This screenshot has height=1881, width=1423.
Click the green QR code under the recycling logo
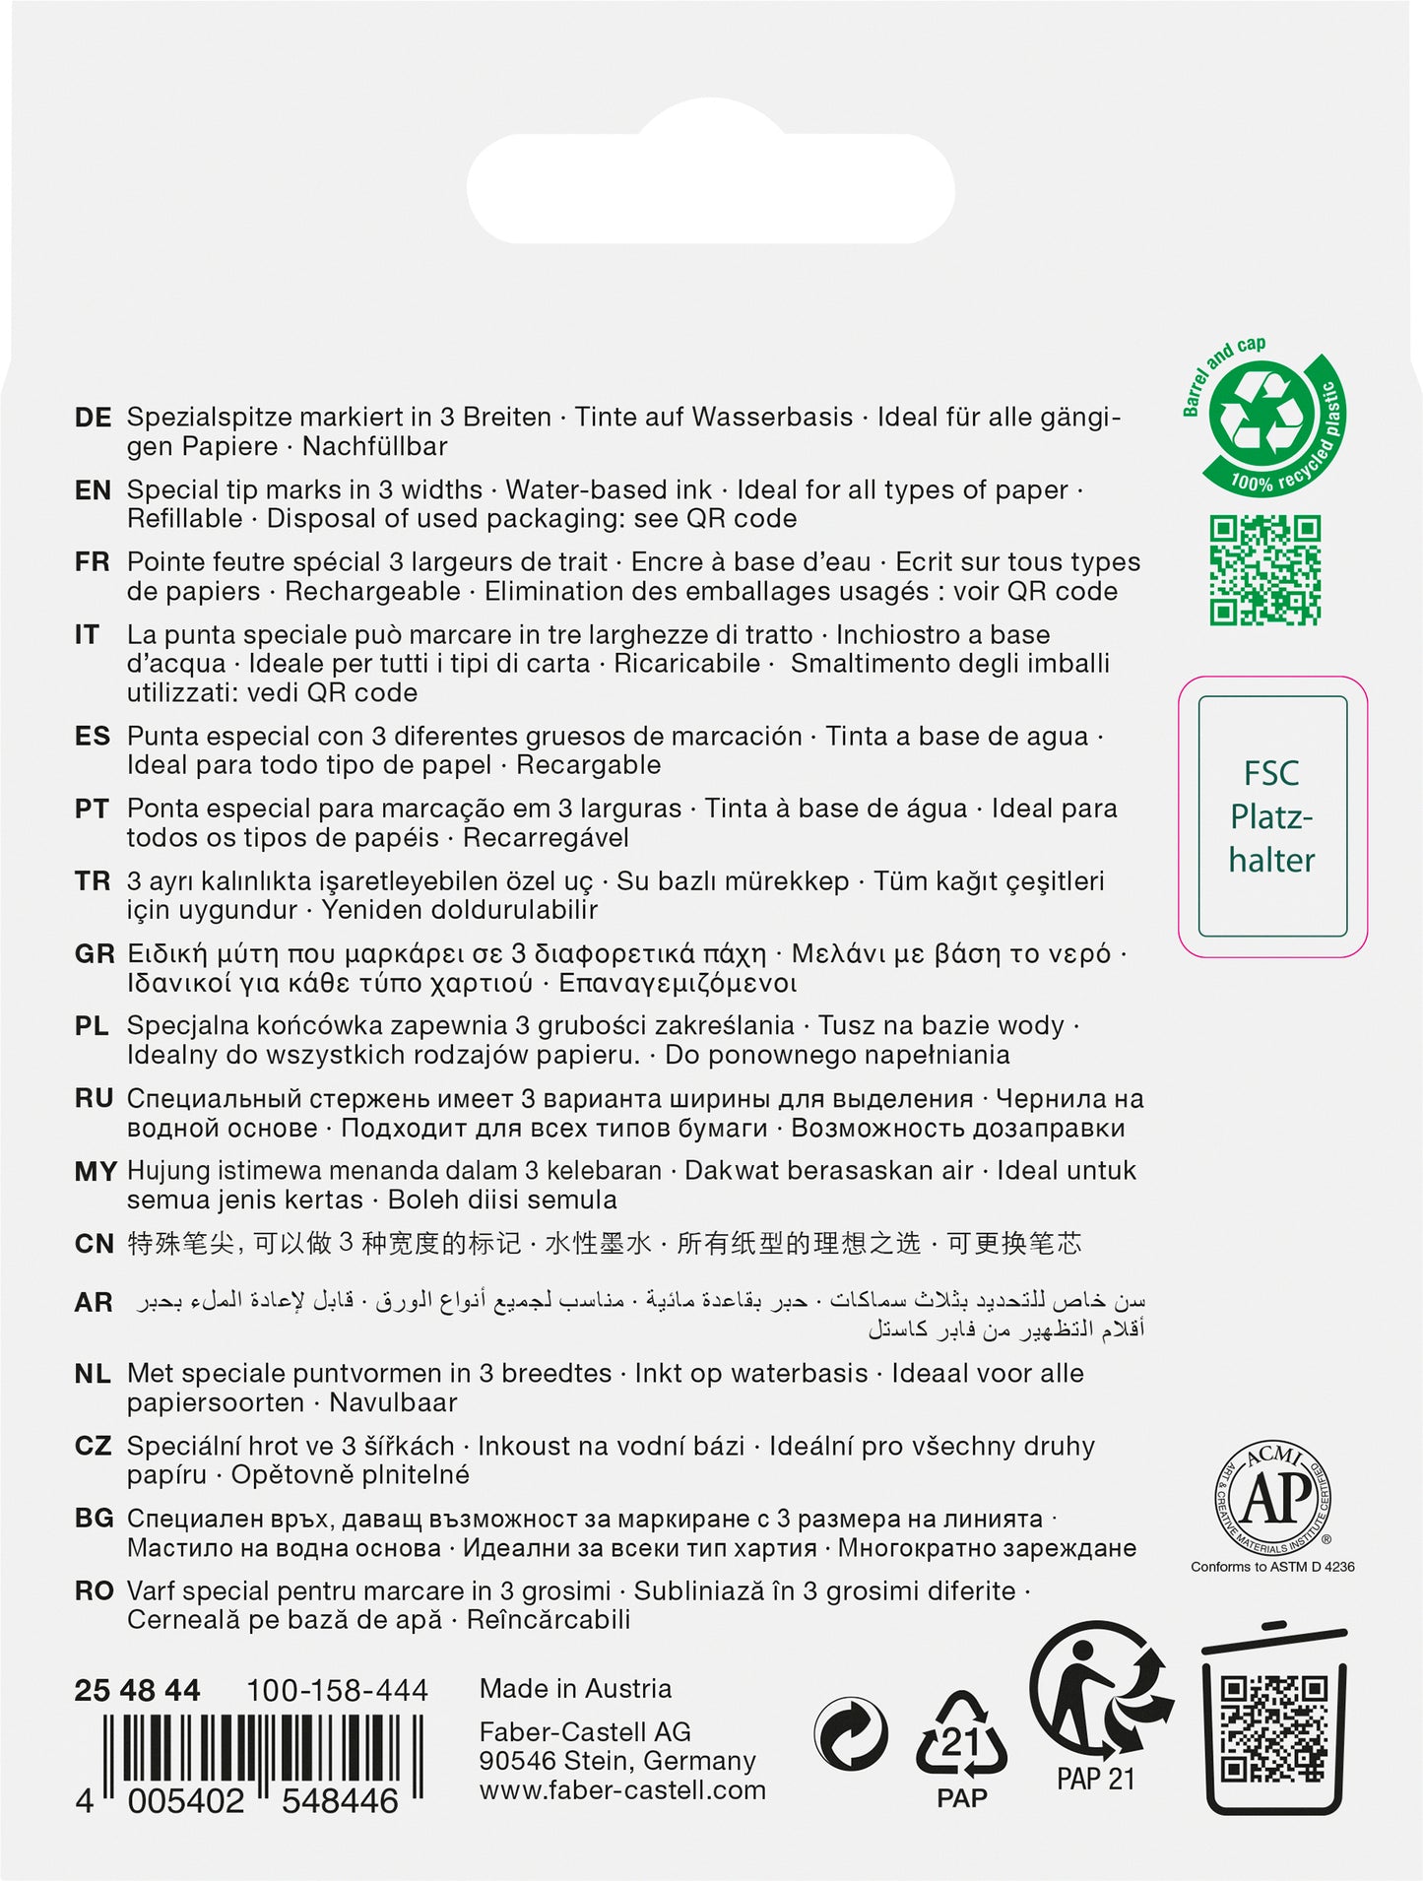point(1264,570)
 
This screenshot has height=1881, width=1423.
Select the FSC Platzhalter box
point(1272,816)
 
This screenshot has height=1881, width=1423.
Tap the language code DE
point(93,418)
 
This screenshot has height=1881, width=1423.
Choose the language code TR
point(93,881)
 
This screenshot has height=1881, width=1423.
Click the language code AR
point(94,1303)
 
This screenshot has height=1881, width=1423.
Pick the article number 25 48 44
point(137,1691)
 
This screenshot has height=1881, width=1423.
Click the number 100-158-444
point(337,1691)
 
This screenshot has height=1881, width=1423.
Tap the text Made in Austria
point(575,1689)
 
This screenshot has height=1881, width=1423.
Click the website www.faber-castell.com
point(622,1790)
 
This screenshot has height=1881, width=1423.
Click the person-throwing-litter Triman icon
point(1099,1695)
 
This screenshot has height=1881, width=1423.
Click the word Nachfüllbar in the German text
point(374,447)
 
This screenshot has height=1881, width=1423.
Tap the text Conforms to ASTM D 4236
point(1272,1567)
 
